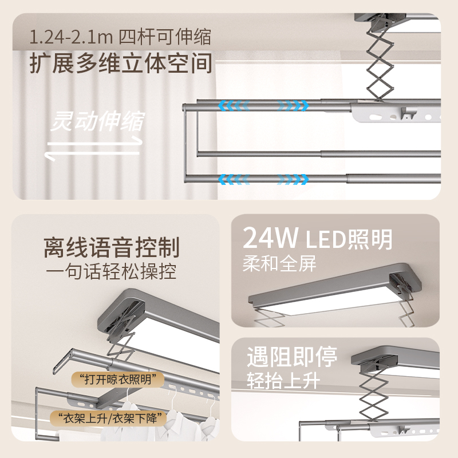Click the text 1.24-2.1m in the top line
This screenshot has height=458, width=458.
(71, 38)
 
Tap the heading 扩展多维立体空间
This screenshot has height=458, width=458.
(121, 63)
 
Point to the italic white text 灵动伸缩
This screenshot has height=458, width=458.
(97, 121)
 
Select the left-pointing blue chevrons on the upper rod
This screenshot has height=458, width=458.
(234, 105)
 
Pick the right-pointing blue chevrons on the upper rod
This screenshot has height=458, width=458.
(293, 105)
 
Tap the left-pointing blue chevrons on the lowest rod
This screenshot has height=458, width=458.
(234, 179)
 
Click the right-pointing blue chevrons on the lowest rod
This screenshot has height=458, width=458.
(293, 179)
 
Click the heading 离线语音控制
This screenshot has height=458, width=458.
(111, 248)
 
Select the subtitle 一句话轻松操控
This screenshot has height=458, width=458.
(111, 271)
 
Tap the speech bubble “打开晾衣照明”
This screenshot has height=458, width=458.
(118, 380)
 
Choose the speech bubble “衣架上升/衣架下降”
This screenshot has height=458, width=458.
(108, 418)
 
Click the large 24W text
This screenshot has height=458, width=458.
(270, 238)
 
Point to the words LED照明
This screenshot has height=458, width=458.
(349, 239)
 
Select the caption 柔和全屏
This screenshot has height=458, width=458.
(279, 264)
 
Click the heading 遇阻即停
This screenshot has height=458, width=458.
(292, 357)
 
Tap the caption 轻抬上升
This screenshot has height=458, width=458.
(283, 381)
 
